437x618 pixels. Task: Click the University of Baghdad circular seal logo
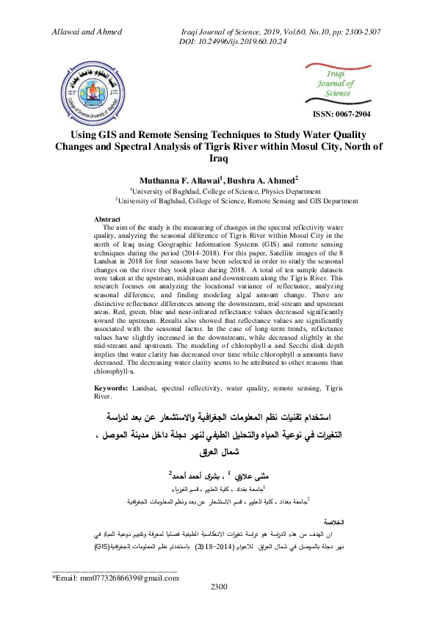pos(93,94)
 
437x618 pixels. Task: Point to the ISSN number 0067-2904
pos(342,114)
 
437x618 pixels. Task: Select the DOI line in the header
pos(234,43)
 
